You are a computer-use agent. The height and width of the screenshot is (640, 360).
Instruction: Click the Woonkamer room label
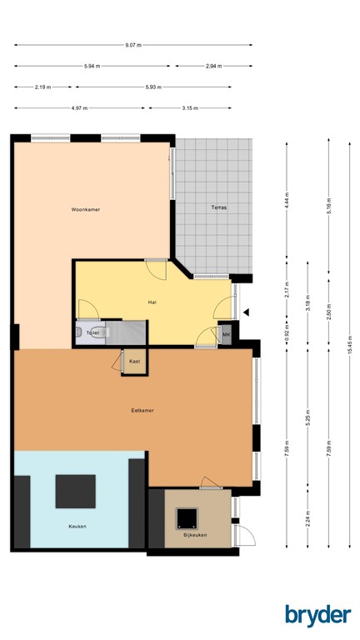(86, 210)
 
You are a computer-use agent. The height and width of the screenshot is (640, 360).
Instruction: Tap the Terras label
(218, 207)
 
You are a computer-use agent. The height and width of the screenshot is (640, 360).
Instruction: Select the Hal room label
(152, 302)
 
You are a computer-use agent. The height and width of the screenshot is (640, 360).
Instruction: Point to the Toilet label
(93, 332)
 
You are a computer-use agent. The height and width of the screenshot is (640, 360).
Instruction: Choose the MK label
(225, 334)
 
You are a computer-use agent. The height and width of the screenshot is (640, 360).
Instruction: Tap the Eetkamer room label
(142, 410)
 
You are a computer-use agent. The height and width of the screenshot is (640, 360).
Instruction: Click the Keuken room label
(77, 526)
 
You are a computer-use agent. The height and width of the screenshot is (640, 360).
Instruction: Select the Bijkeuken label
(195, 534)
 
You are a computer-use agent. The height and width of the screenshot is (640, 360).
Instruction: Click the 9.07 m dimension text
(133, 44)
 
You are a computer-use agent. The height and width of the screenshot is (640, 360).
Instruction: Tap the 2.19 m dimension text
(42, 87)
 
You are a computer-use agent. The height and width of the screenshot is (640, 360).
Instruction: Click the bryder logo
(317, 614)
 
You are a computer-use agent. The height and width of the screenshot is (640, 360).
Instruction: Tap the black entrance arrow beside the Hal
(246, 312)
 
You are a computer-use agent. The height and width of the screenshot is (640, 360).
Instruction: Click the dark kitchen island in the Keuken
(76, 491)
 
